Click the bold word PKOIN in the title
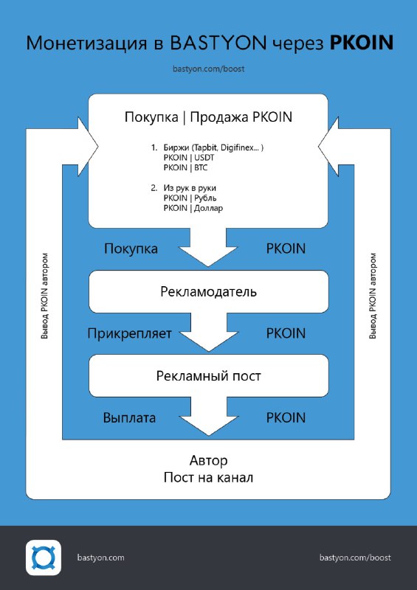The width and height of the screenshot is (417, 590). pyautogui.click(x=362, y=43)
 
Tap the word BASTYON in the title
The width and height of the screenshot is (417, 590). pyautogui.click(x=218, y=43)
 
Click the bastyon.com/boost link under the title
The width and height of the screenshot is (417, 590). pyautogui.click(x=209, y=69)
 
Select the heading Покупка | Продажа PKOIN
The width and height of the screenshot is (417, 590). pyautogui.click(x=208, y=117)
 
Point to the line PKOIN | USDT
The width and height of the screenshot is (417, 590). pyautogui.click(x=189, y=158)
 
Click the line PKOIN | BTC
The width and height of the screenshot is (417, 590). pyautogui.click(x=185, y=168)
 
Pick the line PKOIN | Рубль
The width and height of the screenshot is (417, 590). pyautogui.click(x=190, y=198)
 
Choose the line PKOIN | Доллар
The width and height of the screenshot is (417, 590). pyautogui.click(x=193, y=208)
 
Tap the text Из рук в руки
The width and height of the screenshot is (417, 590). pyautogui.click(x=190, y=188)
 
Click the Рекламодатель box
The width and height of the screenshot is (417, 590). pyautogui.click(x=209, y=291)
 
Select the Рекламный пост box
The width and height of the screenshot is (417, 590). pyautogui.click(x=209, y=375)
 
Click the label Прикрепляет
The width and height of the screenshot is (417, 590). pyautogui.click(x=130, y=334)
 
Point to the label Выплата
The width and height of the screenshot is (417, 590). pyautogui.click(x=129, y=417)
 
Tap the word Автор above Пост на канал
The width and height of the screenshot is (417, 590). pyautogui.click(x=208, y=460)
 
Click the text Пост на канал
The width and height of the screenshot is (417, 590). pyautogui.click(x=208, y=477)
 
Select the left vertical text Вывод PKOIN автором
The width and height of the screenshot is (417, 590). pyautogui.click(x=45, y=296)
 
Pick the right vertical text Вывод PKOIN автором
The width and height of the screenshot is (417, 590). pyautogui.click(x=373, y=296)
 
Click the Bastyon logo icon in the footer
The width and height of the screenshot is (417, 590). pyautogui.click(x=44, y=558)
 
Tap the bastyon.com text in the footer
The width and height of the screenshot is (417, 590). pyautogui.click(x=100, y=558)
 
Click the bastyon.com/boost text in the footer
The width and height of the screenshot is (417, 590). pyautogui.click(x=355, y=558)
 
